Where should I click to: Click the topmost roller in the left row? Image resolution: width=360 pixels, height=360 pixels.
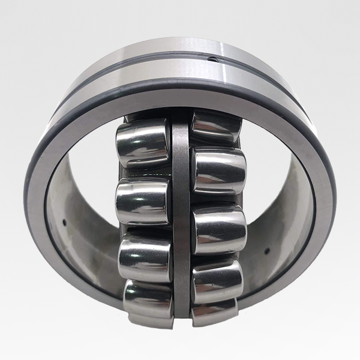(143, 142)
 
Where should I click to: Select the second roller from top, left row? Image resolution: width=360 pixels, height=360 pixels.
(142, 201)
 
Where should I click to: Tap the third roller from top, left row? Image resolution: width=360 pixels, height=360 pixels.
(145, 259)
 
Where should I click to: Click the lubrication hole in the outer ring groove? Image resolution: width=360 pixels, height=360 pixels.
(211, 58)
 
